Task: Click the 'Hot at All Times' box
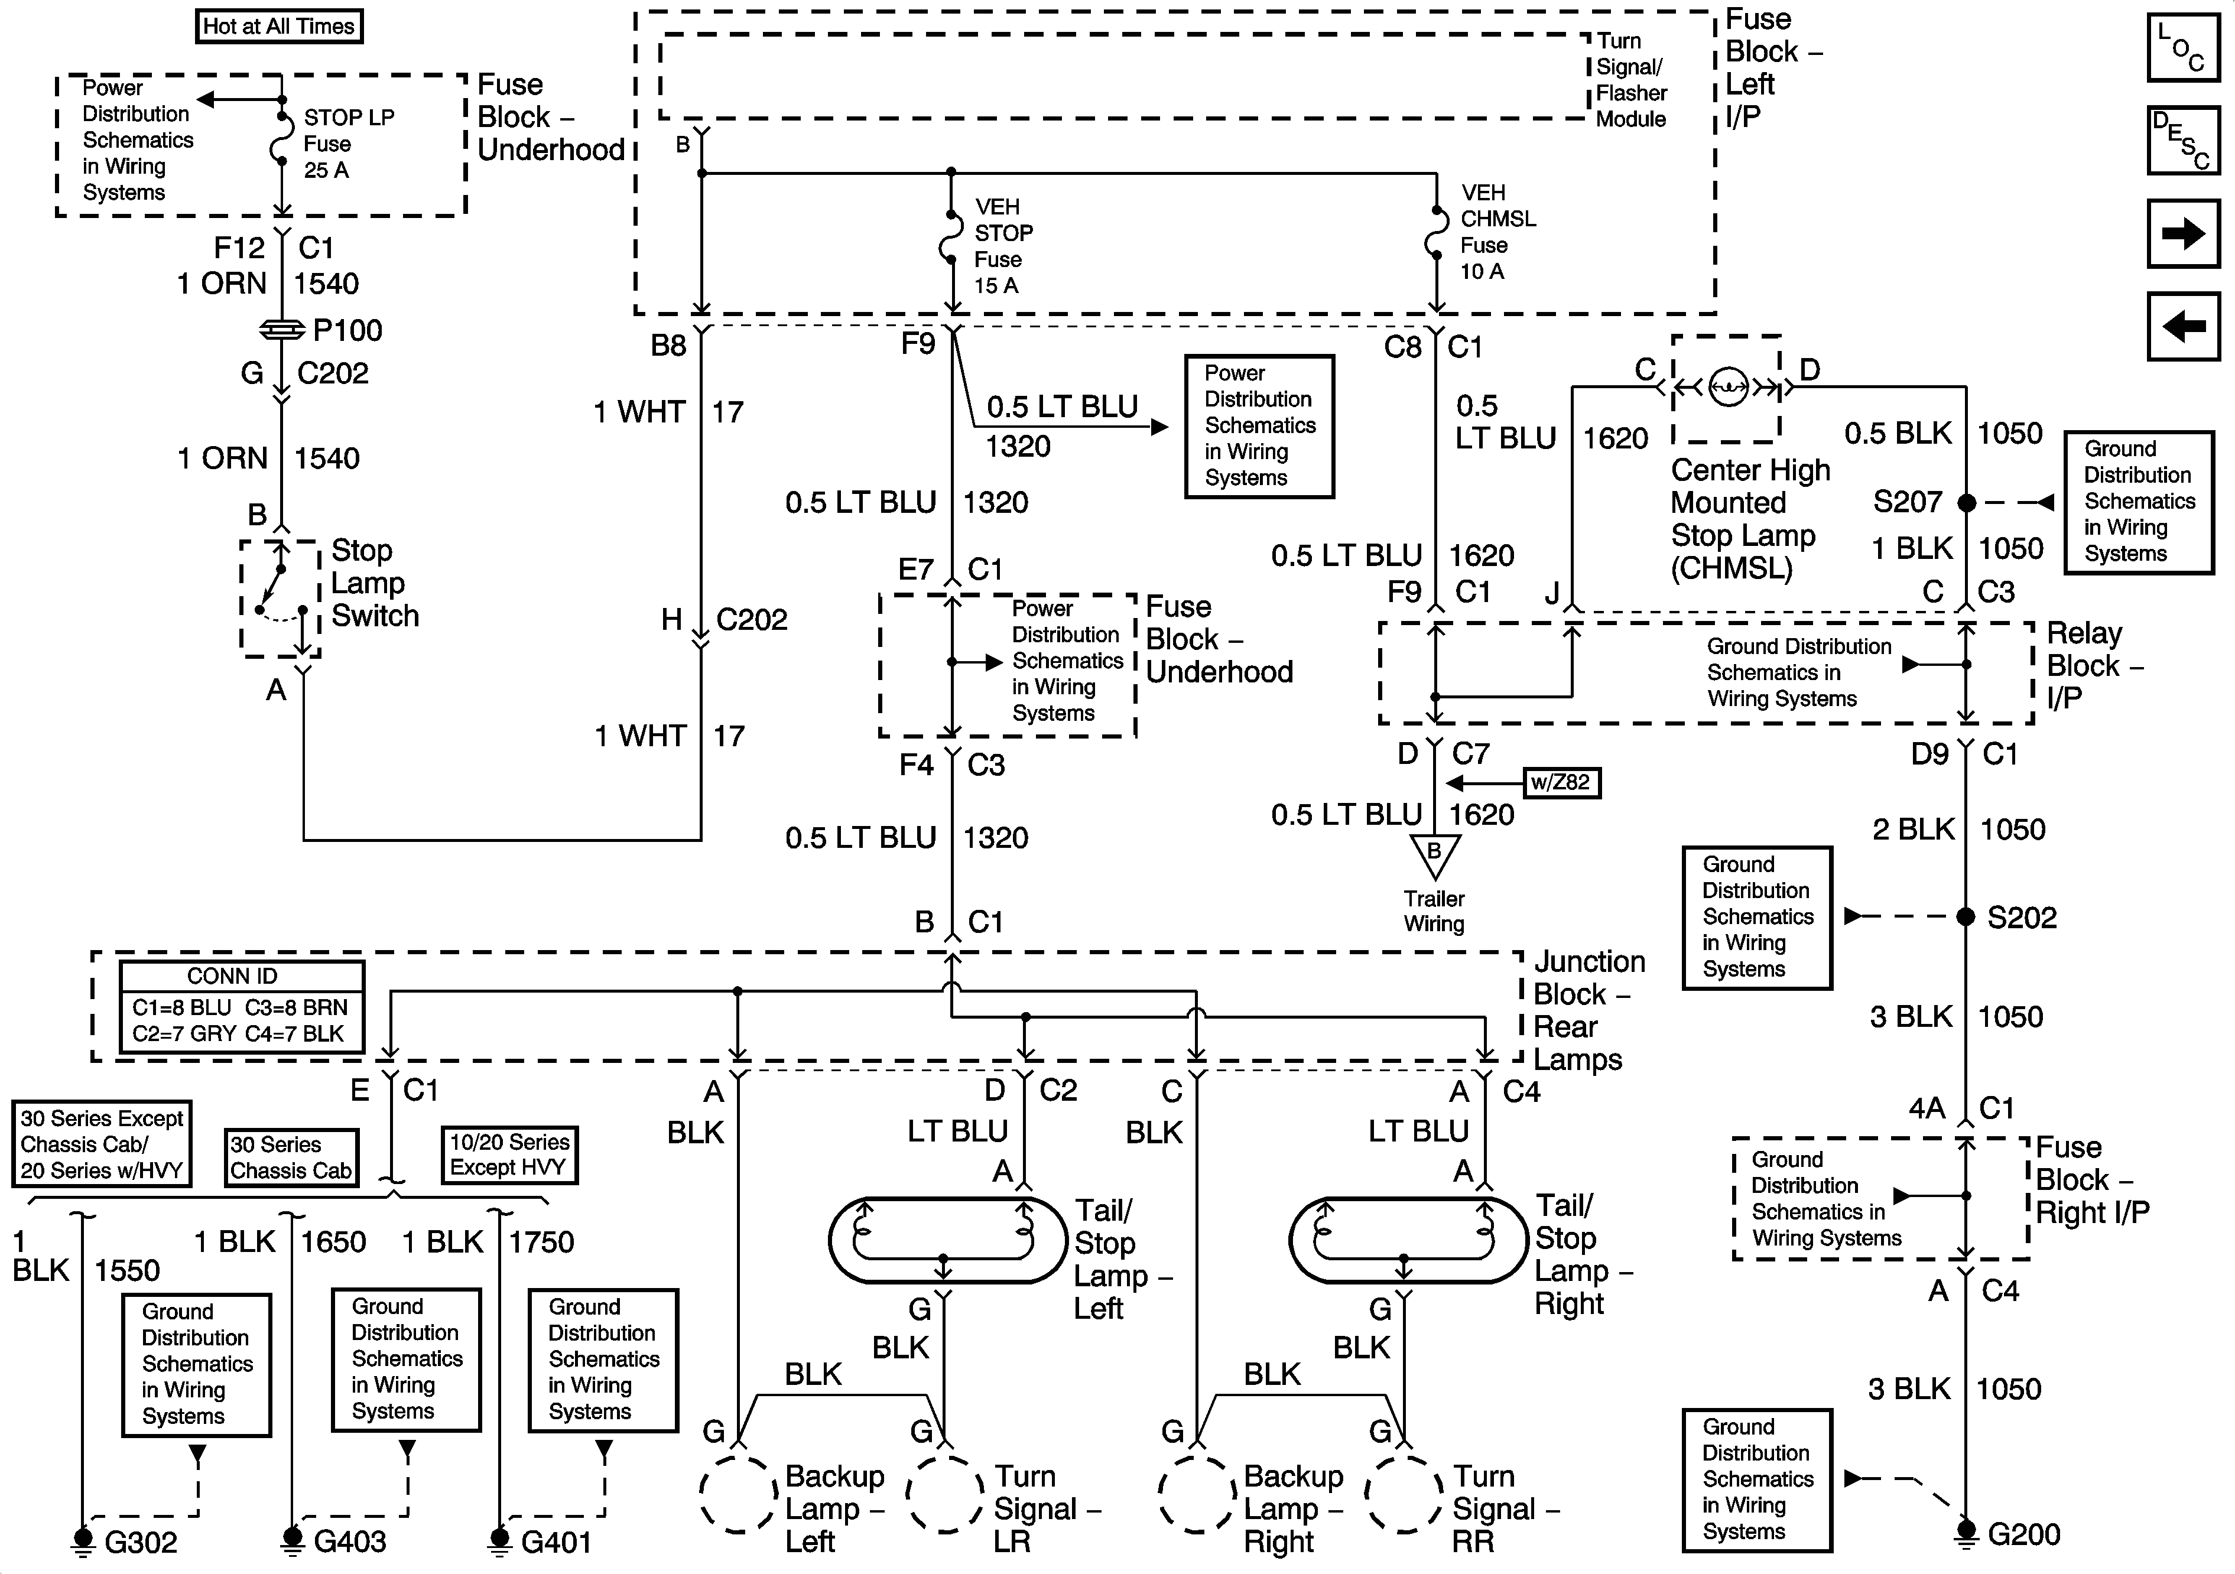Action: (x=278, y=26)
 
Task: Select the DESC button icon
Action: (x=2182, y=139)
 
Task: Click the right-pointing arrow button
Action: (x=2182, y=233)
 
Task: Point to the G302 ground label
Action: (x=141, y=1542)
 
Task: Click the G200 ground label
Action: (x=2024, y=1534)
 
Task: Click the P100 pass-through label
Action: (x=347, y=330)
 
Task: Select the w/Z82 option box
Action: (x=1560, y=783)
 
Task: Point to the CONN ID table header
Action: (x=233, y=976)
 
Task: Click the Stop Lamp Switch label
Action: (x=375, y=583)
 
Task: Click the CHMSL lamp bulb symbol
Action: (x=1728, y=386)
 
